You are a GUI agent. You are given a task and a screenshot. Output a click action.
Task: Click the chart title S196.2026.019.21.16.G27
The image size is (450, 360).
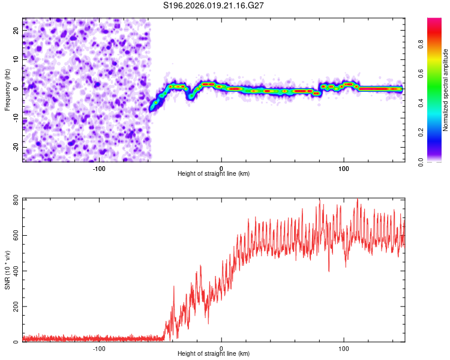214,5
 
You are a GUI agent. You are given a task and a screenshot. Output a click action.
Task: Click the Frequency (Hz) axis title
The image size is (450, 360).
7,90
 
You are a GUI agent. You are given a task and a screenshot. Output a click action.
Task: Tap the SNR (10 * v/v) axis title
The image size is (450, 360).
7,270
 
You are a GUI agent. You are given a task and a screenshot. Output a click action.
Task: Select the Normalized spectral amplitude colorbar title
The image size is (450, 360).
446,90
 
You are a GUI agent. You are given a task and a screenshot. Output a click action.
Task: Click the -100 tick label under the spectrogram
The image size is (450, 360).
99,168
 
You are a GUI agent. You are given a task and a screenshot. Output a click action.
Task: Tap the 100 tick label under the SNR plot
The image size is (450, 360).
344,348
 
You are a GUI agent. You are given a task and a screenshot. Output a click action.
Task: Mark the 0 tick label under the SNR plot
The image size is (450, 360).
221,348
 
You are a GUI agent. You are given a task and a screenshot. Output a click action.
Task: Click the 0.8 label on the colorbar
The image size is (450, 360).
437,44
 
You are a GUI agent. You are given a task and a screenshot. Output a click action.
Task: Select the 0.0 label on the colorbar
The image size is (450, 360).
437,161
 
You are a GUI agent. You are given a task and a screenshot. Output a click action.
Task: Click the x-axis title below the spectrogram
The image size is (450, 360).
214,174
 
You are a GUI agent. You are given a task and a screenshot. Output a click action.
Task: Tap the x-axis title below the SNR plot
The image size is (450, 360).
214,354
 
